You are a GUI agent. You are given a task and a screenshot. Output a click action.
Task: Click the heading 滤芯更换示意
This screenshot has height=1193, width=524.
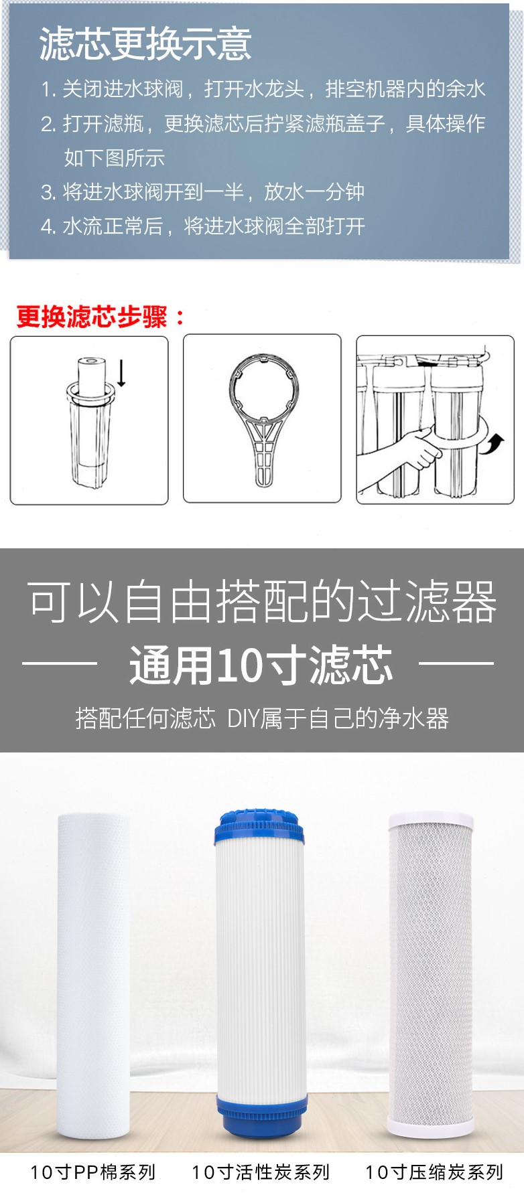(145, 44)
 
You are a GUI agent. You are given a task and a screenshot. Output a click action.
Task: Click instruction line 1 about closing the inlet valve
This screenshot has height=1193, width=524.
(263, 89)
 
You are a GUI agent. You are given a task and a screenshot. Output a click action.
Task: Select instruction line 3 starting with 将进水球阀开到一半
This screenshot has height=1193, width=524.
(202, 192)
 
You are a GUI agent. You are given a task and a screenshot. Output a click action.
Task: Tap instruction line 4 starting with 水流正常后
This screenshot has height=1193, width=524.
(202, 226)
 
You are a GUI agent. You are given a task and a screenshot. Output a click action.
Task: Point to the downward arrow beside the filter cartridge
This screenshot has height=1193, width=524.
(121, 372)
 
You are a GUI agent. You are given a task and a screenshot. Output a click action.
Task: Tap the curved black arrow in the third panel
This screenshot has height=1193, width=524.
(494, 443)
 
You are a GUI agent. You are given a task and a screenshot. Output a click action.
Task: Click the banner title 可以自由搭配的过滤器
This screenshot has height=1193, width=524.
(262, 601)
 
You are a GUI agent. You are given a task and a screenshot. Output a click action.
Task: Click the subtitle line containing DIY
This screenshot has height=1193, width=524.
(262, 718)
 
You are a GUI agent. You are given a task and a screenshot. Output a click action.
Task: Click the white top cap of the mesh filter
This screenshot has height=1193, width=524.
(431, 821)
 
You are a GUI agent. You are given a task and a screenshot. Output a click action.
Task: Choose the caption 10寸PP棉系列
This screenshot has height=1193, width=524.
(92, 1172)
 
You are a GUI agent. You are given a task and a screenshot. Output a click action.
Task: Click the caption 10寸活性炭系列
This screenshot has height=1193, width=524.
(261, 1172)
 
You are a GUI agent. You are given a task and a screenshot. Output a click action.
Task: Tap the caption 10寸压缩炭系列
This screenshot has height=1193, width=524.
(434, 1172)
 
